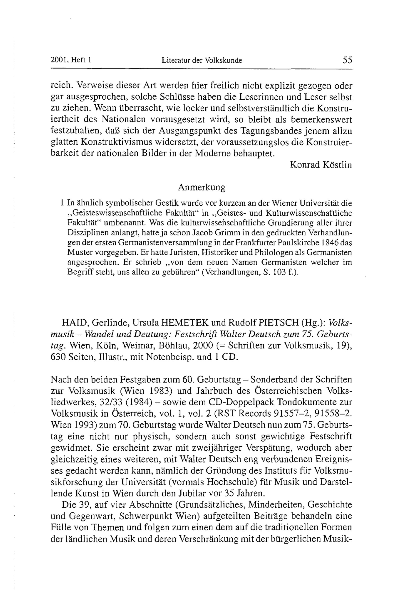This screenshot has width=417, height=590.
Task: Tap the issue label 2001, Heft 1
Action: [x=71, y=60]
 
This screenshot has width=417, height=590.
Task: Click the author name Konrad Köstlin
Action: [x=321, y=165]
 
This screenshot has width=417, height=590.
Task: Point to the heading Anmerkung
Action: [x=201, y=187]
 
